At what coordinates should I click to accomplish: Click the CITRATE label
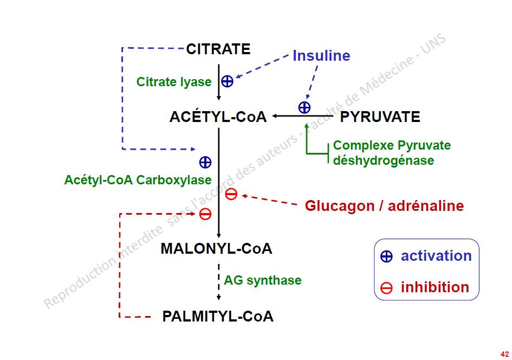(218, 49)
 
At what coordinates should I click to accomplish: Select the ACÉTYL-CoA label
(218, 117)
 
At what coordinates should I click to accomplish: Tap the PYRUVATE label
(380, 117)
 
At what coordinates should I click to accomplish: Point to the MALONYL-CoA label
(216, 249)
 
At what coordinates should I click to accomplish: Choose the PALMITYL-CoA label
(218, 317)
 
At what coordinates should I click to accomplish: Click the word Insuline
(321, 56)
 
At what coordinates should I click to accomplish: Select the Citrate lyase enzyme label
(174, 82)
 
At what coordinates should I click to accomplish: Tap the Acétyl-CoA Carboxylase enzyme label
(138, 179)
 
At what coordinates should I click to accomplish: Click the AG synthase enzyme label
(263, 280)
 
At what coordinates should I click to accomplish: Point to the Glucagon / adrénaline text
(384, 206)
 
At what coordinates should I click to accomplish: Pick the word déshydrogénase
(384, 160)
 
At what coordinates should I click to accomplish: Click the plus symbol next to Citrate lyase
(228, 81)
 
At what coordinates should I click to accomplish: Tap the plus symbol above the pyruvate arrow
(304, 107)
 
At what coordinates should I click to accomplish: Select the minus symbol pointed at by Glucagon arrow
(231, 194)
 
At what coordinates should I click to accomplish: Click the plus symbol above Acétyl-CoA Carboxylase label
(205, 162)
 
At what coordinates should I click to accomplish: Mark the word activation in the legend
(436, 256)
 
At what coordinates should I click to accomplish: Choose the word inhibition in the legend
(435, 287)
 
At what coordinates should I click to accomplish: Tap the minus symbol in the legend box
(386, 288)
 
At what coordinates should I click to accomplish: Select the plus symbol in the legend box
(386, 257)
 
